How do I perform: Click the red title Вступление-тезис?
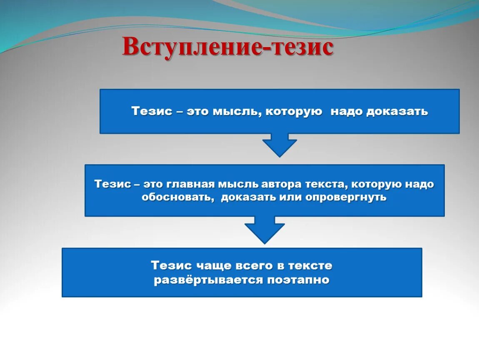(x=228, y=47)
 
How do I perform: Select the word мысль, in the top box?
(x=237, y=111)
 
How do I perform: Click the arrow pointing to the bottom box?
(x=264, y=230)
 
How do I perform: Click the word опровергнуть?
(x=346, y=197)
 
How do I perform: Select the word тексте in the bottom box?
(x=312, y=265)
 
